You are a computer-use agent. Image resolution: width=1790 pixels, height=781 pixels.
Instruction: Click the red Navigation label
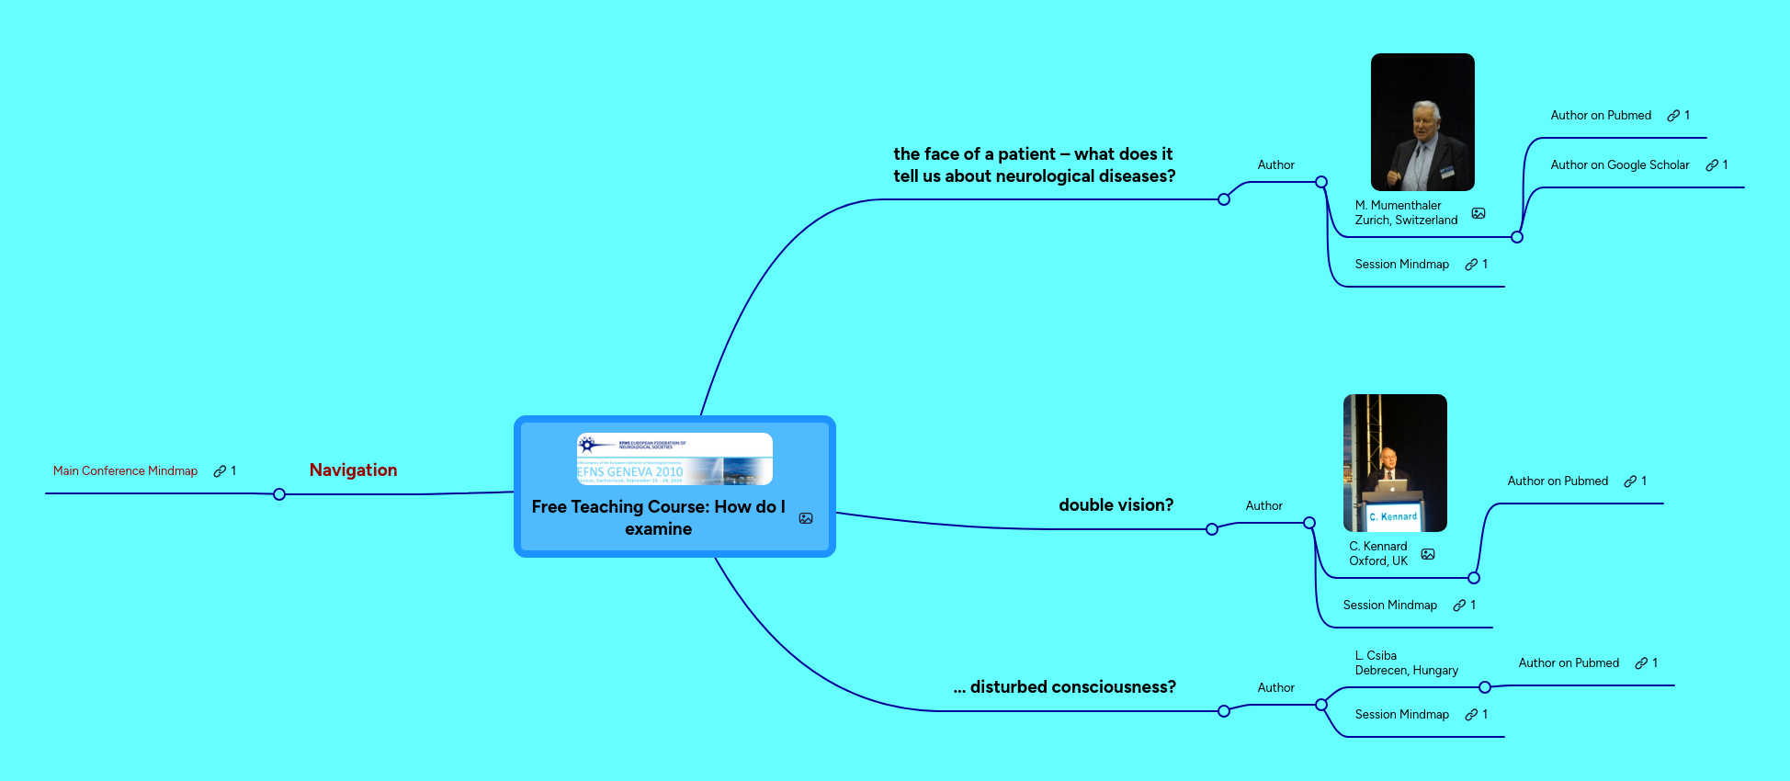[x=353, y=470]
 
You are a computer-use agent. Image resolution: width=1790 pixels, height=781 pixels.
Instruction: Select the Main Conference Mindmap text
[x=125, y=471]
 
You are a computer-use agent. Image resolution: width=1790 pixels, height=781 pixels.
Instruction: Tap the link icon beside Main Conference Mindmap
[x=220, y=471]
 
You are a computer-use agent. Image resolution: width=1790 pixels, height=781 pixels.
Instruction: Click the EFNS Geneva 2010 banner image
[x=674, y=458]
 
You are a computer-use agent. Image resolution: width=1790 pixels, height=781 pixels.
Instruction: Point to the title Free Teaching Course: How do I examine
[x=658, y=517]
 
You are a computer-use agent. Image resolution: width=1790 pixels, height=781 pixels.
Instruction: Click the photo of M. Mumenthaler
[x=1422, y=122]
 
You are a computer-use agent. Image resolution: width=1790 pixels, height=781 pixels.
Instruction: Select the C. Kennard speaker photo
[x=1395, y=462]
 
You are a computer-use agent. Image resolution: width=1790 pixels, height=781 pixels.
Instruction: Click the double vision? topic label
[x=1116, y=505]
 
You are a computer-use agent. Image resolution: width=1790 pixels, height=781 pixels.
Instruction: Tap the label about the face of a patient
[x=1034, y=165]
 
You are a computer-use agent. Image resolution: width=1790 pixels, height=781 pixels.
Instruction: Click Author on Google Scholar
[x=1619, y=165]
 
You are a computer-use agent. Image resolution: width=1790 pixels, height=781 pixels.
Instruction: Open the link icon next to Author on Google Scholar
[x=1712, y=165]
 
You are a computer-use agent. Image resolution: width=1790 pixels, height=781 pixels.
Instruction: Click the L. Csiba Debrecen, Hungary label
[x=1406, y=662]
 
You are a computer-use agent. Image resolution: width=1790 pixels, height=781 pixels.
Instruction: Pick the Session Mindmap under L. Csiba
[x=1401, y=715]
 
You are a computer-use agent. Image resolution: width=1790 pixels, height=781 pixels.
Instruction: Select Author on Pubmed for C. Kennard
[x=1558, y=481]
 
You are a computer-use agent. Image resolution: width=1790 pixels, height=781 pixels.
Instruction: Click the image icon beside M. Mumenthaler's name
[x=1478, y=213]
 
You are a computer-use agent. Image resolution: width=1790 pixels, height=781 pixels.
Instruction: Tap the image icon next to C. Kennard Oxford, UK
[x=1428, y=554]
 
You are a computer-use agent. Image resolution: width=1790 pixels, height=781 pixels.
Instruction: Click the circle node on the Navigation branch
[x=279, y=494]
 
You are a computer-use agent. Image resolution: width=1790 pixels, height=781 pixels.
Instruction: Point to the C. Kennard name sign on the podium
[x=1393, y=516]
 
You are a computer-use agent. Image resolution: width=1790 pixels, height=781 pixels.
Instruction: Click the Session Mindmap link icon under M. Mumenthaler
[x=1471, y=265]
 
